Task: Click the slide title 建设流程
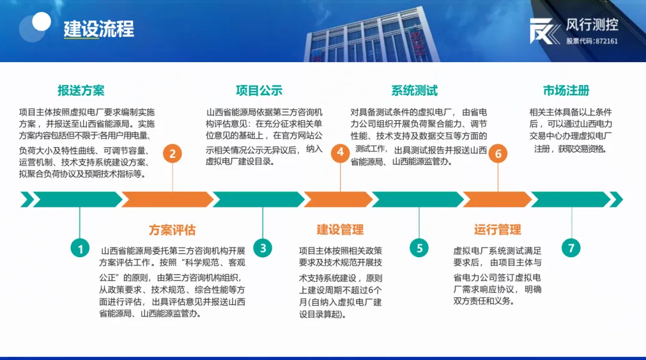click(x=99, y=29)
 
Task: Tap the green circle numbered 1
click(x=80, y=248)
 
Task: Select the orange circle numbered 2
click(x=172, y=154)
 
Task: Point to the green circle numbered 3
click(x=263, y=248)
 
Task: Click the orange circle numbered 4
click(x=340, y=152)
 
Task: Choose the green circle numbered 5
click(x=419, y=248)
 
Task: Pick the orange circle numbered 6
click(x=498, y=154)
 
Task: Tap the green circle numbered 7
click(x=571, y=248)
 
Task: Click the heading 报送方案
click(x=81, y=91)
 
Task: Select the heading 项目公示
click(x=259, y=91)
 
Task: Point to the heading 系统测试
click(x=415, y=91)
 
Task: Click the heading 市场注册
click(x=566, y=90)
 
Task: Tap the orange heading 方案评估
click(x=172, y=230)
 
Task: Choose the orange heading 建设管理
click(x=340, y=230)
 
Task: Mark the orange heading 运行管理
click(x=498, y=230)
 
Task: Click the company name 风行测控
click(x=592, y=25)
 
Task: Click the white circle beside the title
click(x=41, y=22)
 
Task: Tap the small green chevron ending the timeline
click(x=616, y=199)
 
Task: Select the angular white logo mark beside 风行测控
click(x=544, y=31)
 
